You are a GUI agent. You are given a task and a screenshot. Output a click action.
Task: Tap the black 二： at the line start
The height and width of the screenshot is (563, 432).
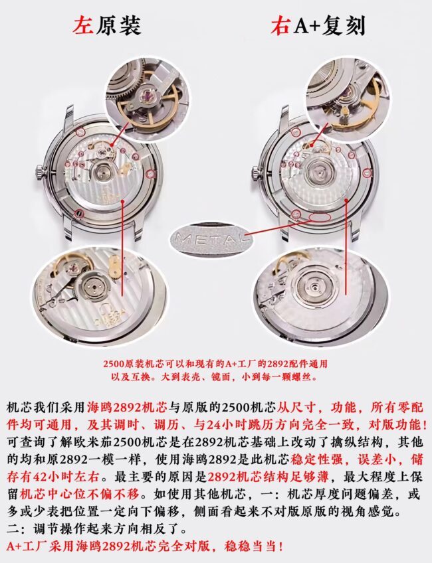tap(17, 529)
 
